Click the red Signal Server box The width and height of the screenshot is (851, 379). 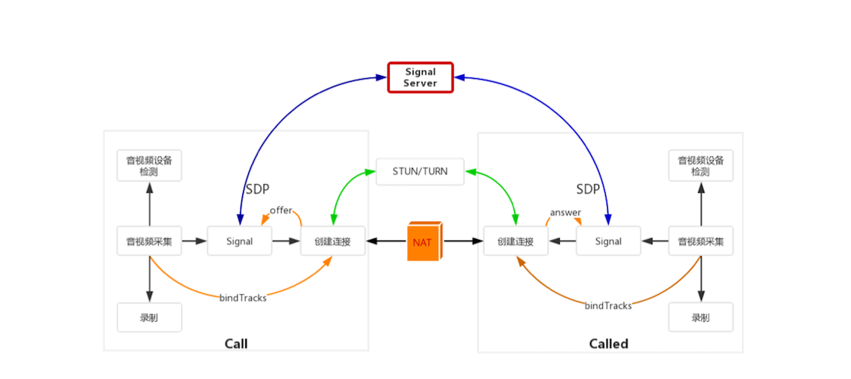pyautogui.click(x=420, y=77)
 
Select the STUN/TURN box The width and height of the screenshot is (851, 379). pyautogui.click(x=420, y=171)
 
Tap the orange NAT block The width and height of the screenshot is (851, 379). pyautogui.click(x=423, y=241)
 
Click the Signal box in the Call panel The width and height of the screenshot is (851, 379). pyautogui.click(x=239, y=241)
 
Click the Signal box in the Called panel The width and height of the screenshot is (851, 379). pyautogui.click(x=608, y=241)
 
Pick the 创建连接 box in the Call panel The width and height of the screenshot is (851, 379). pyautogui.click(x=332, y=241)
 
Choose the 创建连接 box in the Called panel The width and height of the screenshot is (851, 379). pyautogui.click(x=515, y=241)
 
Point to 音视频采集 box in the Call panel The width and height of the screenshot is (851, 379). pyautogui.click(x=149, y=241)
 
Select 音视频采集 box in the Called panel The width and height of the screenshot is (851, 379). pyautogui.click(x=700, y=241)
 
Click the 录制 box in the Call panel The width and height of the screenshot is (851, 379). pyautogui.click(x=149, y=317)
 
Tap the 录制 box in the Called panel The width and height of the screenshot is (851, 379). pyautogui.click(x=700, y=317)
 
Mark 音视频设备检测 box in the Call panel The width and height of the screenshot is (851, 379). pyautogui.click(x=149, y=165)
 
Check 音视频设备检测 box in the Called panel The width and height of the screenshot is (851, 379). pyautogui.click(x=700, y=165)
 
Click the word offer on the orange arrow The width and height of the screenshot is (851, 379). pyautogui.click(x=281, y=211)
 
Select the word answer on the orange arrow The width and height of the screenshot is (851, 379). pyautogui.click(x=565, y=213)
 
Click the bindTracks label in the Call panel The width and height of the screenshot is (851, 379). pyautogui.click(x=243, y=298)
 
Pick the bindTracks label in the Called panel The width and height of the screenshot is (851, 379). pyautogui.click(x=607, y=305)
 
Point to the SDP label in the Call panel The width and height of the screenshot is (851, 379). pyautogui.click(x=257, y=189)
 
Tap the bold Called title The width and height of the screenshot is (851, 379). pyautogui.click(x=609, y=344)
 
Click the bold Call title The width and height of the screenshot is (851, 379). pyautogui.click(x=235, y=344)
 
